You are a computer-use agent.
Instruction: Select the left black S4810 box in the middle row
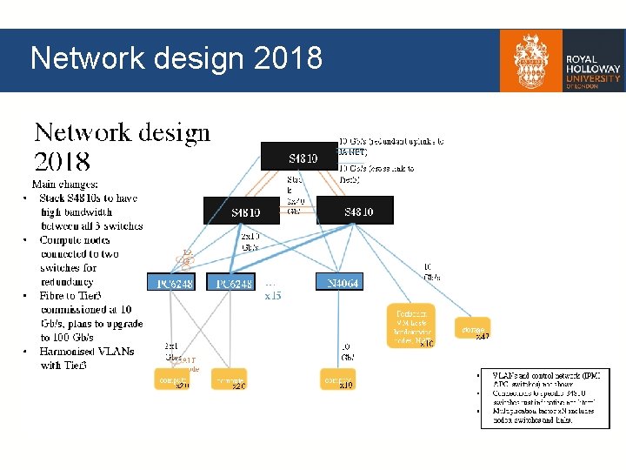pos(244,211)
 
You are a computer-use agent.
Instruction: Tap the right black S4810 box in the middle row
pos(355,211)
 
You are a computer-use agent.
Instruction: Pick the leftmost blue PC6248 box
pos(174,283)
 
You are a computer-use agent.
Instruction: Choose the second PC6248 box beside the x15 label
pos(233,283)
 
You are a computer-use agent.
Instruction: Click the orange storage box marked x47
pos(473,329)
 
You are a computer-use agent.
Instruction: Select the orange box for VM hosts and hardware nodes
pos(411,326)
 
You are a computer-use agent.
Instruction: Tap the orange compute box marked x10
pos(338,380)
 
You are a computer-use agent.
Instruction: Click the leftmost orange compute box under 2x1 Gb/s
pos(171,380)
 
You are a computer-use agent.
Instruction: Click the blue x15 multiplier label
pos(273,296)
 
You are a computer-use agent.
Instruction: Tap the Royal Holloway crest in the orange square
pos(531,60)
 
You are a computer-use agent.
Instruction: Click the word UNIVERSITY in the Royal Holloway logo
pos(593,77)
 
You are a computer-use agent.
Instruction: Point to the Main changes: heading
pos(64,185)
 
